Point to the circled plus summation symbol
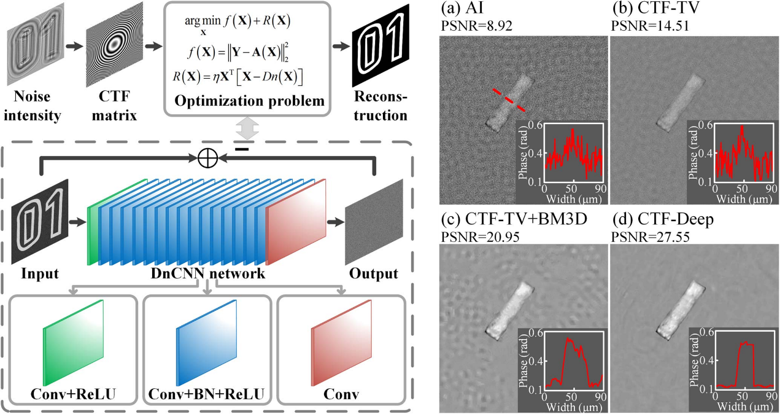[209, 158]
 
